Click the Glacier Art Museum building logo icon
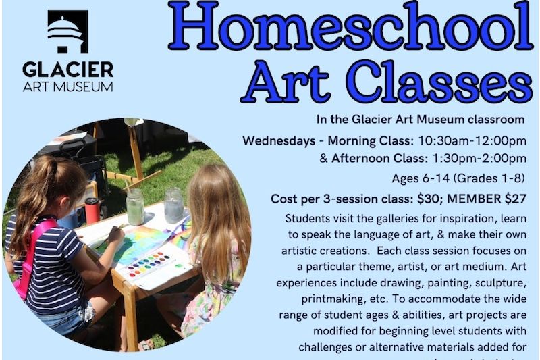pyautogui.click(x=67, y=31)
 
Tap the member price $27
pyautogui.click(x=512, y=199)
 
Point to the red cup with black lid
pyautogui.click(x=92, y=210)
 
